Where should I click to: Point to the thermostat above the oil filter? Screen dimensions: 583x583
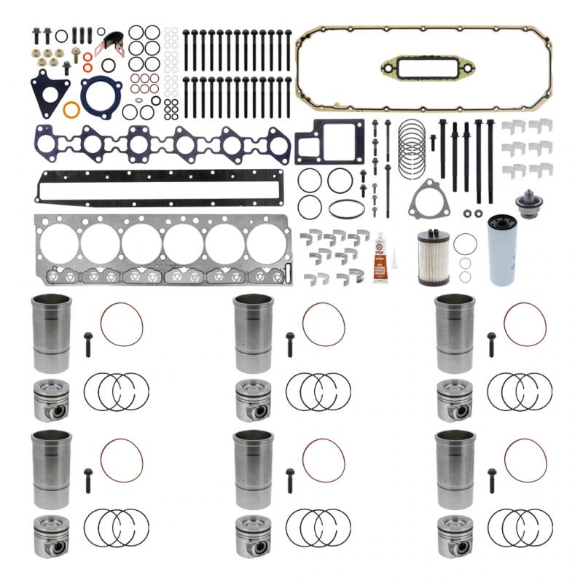pyautogui.click(x=524, y=202)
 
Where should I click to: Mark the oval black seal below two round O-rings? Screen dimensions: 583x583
pyautogui.click(x=347, y=208)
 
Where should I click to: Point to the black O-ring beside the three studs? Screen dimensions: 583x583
pyautogui.click(x=61, y=35)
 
